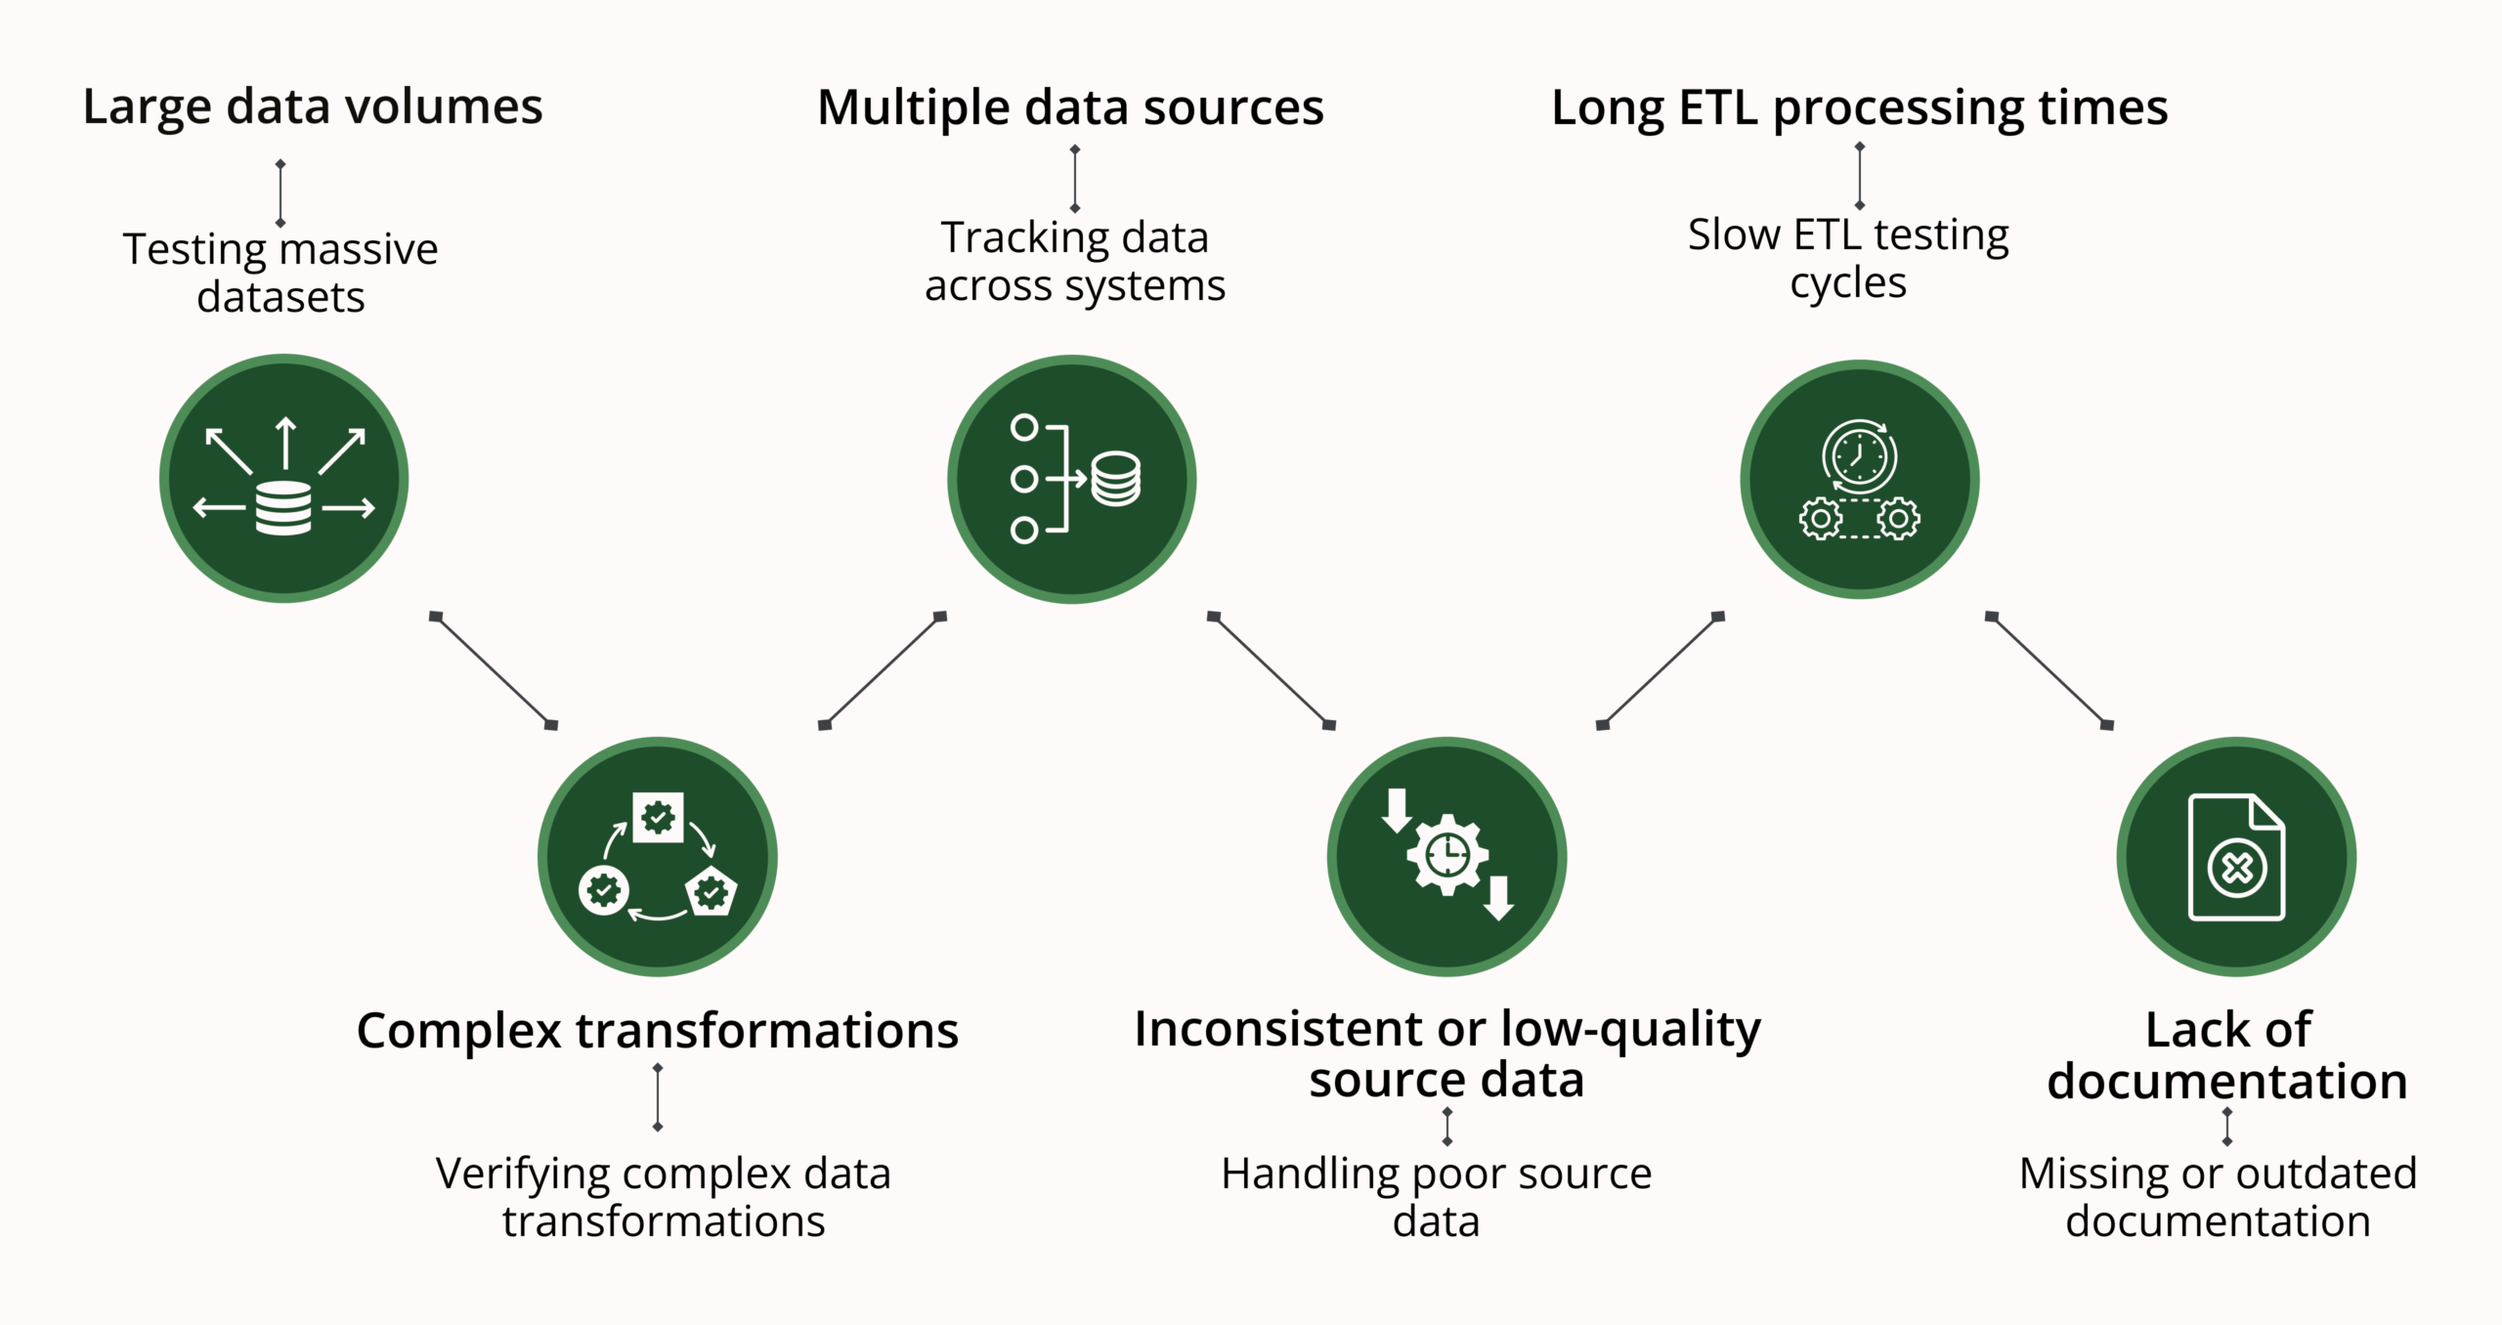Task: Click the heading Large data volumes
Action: coord(312,107)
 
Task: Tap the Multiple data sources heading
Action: coord(1070,107)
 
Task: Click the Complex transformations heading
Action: coord(657,1031)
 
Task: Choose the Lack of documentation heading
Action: coord(2227,1055)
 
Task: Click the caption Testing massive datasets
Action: coord(280,273)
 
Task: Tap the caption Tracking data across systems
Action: coord(1074,261)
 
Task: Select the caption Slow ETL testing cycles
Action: coord(1847,258)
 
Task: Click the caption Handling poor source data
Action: coord(1436,1197)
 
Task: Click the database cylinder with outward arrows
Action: coord(283,507)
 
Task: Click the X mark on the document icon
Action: coord(2237,868)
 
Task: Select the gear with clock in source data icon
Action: coord(1447,855)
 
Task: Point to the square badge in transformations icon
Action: coord(658,817)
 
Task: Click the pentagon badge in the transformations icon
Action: coord(712,891)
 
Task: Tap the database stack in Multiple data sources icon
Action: coord(1115,479)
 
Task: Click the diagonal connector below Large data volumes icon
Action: coord(494,670)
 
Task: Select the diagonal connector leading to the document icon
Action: coord(2049,670)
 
